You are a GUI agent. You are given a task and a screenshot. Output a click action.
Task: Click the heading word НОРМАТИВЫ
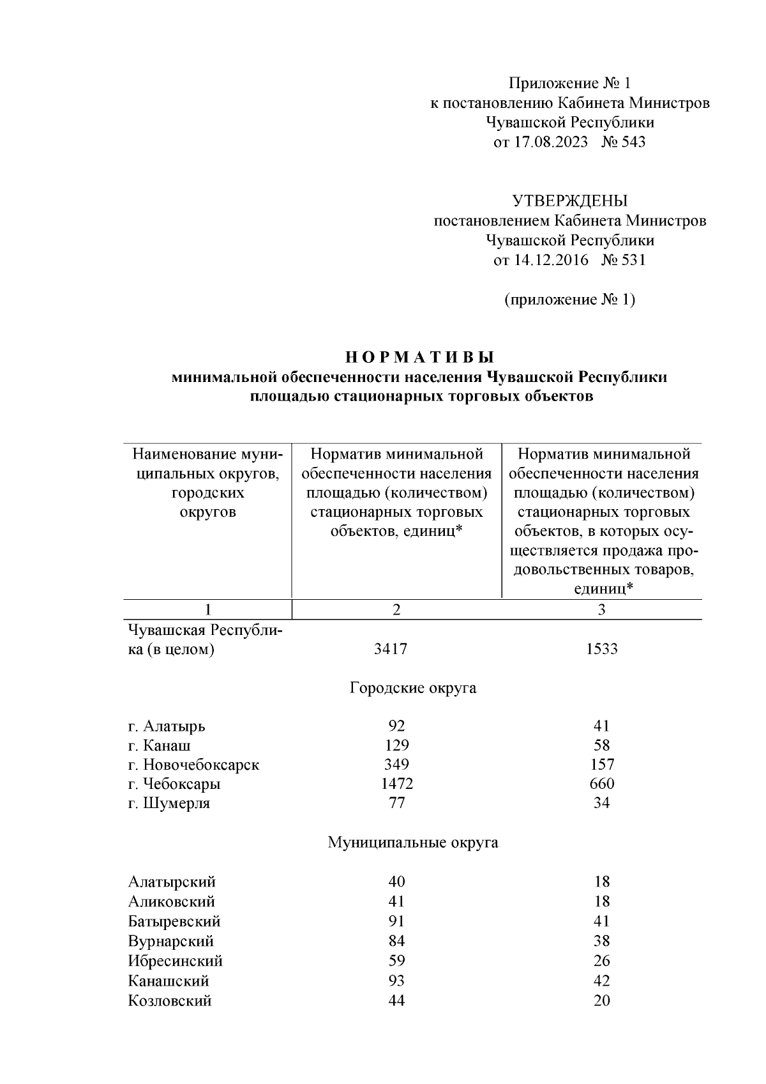pyautogui.click(x=419, y=357)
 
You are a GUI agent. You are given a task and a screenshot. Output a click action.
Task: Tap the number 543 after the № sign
pyautogui.click(x=633, y=142)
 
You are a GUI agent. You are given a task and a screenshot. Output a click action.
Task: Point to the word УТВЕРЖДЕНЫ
pyautogui.click(x=570, y=201)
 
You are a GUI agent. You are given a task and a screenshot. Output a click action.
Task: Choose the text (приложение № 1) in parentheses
pyautogui.click(x=570, y=300)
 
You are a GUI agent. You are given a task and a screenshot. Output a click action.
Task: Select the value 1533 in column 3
pyautogui.click(x=601, y=650)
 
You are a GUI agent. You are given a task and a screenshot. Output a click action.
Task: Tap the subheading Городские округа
pyautogui.click(x=413, y=689)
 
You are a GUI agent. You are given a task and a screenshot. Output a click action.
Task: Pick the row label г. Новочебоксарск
pyautogui.click(x=193, y=765)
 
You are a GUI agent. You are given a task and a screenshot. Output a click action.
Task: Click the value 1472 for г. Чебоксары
pyautogui.click(x=396, y=784)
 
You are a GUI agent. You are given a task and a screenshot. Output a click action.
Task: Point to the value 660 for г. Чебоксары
pyautogui.click(x=601, y=784)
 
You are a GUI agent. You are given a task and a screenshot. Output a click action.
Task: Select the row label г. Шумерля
pyautogui.click(x=169, y=804)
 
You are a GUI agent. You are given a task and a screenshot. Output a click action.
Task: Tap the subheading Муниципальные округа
pyautogui.click(x=413, y=843)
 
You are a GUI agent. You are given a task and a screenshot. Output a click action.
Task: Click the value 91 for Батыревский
pyautogui.click(x=396, y=921)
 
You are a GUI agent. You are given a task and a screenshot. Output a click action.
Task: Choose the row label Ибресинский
pyautogui.click(x=175, y=961)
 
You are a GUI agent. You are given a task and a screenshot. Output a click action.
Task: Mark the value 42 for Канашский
pyautogui.click(x=601, y=981)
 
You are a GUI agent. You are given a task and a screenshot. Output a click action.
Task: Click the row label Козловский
pyautogui.click(x=169, y=1000)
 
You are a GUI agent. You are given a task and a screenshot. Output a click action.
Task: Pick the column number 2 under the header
pyautogui.click(x=396, y=610)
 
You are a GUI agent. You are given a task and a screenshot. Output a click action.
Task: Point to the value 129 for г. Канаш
pyautogui.click(x=396, y=745)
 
